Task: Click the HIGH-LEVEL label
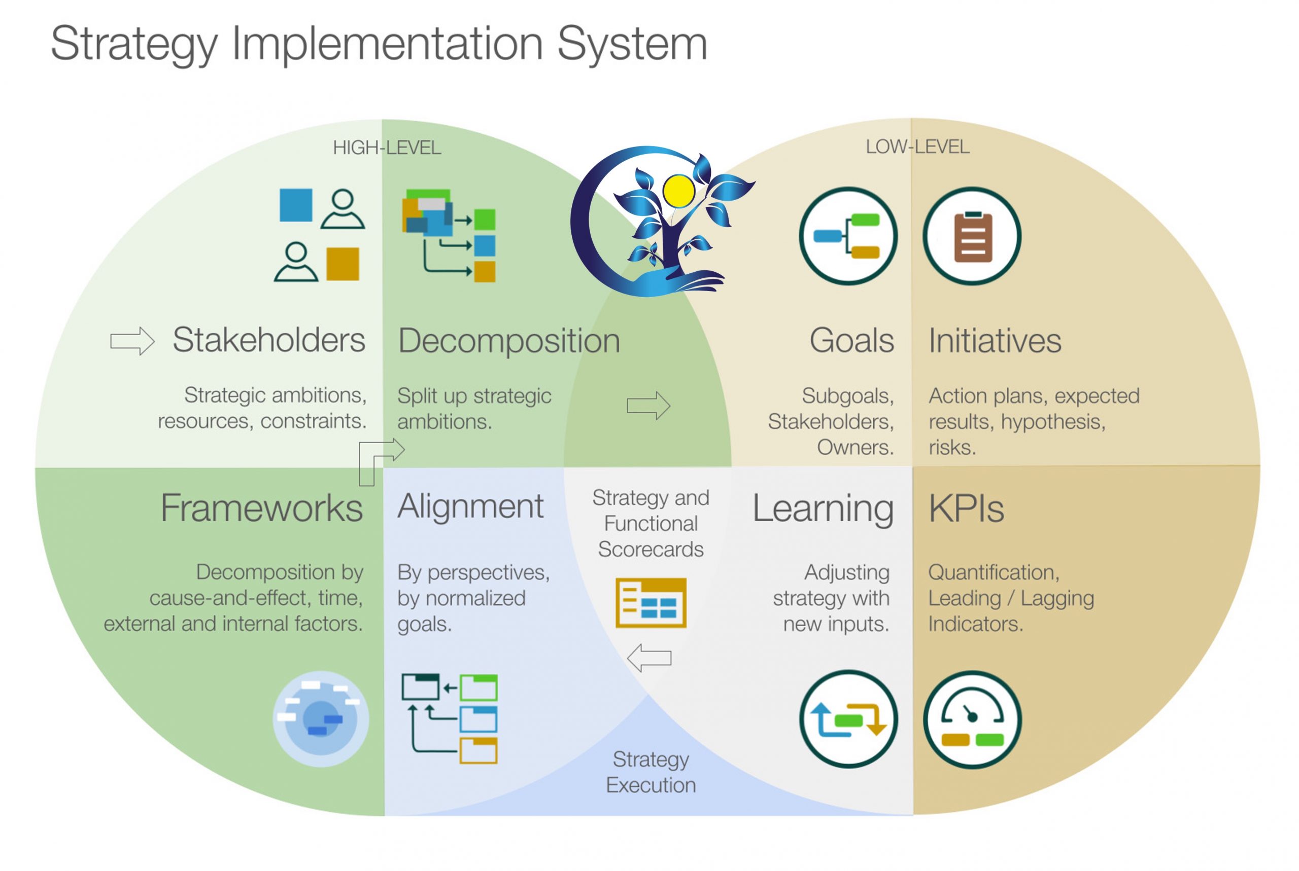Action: point(387,148)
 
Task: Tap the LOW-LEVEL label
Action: point(918,147)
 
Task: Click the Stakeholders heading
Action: point(269,340)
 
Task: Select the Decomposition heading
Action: point(509,341)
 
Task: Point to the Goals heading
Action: point(851,340)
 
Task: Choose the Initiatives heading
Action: point(995,341)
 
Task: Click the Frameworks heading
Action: point(262,507)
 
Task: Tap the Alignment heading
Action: point(470,507)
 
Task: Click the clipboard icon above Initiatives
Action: point(972,237)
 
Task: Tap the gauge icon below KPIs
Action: point(972,720)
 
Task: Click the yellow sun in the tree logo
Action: point(679,190)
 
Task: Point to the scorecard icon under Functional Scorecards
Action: point(651,603)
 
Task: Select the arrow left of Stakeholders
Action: point(132,341)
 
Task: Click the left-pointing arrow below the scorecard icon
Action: point(649,658)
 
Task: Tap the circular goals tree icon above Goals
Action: point(848,237)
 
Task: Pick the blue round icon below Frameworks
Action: point(321,719)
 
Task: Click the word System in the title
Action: point(632,45)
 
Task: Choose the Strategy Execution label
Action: point(651,773)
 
